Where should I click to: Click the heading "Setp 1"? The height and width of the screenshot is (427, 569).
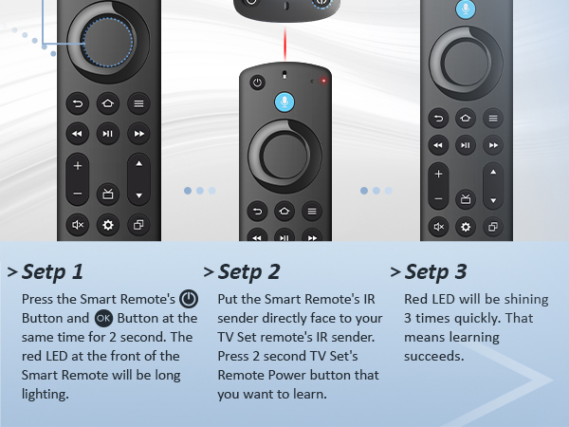click(53, 272)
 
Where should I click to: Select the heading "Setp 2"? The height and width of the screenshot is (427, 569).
click(248, 272)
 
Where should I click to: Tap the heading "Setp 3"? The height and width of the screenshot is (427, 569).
click(435, 272)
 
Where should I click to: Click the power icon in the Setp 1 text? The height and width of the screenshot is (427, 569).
click(189, 298)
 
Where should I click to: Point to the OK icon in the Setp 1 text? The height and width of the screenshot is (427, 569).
click(104, 318)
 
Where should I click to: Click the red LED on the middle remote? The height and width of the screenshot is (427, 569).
click(323, 81)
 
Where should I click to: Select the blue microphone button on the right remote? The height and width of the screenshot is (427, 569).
click(466, 9)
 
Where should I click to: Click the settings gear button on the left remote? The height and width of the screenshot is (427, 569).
click(108, 225)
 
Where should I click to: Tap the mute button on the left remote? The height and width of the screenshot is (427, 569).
click(78, 225)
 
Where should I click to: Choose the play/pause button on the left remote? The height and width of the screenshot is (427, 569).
click(108, 134)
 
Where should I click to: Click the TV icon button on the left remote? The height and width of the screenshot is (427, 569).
click(108, 194)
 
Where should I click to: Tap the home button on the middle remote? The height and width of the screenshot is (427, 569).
click(284, 211)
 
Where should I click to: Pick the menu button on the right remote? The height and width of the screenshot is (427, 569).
click(491, 118)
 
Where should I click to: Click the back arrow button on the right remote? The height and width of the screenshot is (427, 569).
click(438, 118)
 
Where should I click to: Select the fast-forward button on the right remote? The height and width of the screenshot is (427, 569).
click(491, 145)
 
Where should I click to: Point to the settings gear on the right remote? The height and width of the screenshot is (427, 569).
click(465, 227)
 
